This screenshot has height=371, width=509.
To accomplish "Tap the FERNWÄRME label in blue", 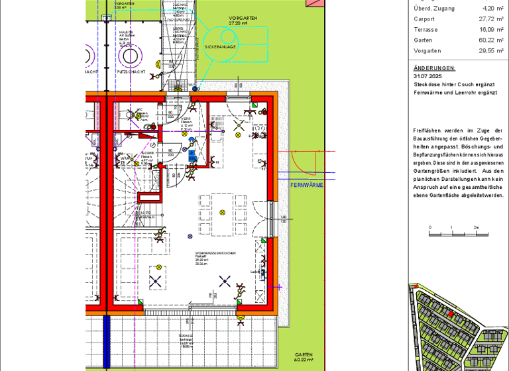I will (307, 185).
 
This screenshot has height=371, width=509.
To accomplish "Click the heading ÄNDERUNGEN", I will (434, 68).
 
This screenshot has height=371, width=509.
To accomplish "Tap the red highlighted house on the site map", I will (451, 313).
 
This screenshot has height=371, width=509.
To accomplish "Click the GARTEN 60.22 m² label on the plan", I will (304, 357).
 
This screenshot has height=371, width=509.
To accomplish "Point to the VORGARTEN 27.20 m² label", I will (242, 20).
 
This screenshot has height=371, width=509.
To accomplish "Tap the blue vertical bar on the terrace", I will (105, 343).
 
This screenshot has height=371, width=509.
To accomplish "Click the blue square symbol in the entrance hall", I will (192, 156).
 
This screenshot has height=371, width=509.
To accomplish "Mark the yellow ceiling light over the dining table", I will (222, 213).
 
